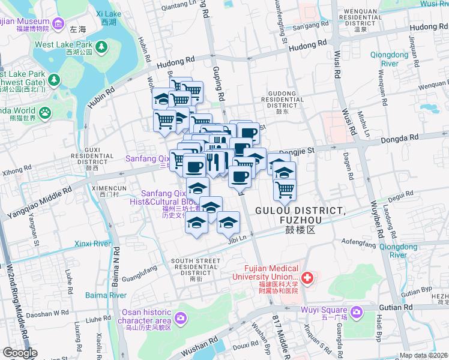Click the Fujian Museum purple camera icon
point(58,23)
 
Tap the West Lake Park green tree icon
point(102,46)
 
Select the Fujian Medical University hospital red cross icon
point(307,278)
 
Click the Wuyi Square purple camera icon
point(357,311)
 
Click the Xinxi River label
point(93,244)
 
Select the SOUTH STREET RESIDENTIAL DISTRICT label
point(196,267)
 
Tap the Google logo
point(20,353)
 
